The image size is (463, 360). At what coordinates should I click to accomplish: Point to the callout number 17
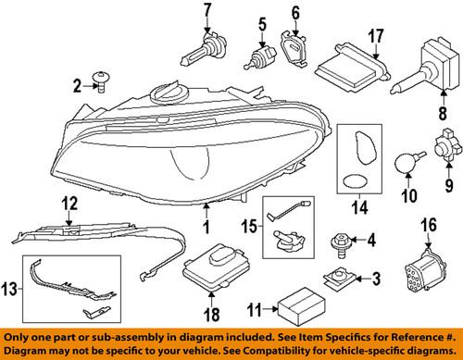click(x=375, y=36)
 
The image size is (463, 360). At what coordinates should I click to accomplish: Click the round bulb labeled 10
click(x=380, y=162)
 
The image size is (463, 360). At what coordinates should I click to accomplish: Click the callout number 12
click(x=69, y=201)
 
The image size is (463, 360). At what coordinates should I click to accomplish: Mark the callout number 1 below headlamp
click(x=206, y=225)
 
